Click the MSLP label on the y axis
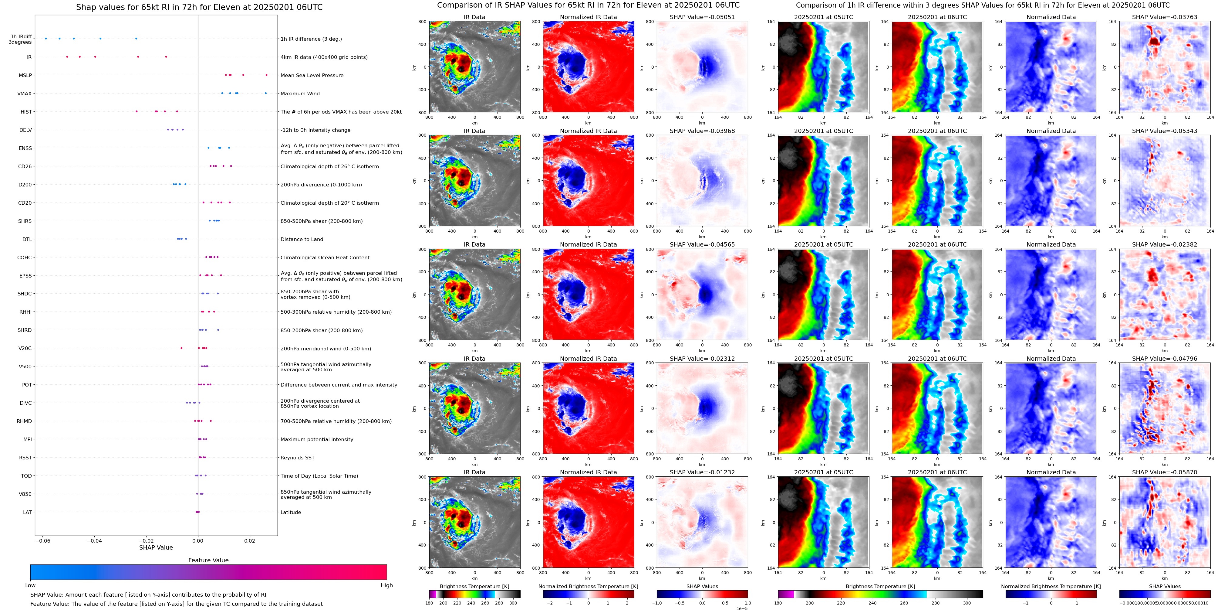pyautogui.click(x=25, y=75)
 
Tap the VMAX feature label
pyautogui.click(x=25, y=94)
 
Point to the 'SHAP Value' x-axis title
pyautogui.click(x=156, y=547)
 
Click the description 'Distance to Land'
pyautogui.click(x=302, y=240)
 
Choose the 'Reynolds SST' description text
pyautogui.click(x=297, y=458)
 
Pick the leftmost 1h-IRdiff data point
pyautogui.click(x=46, y=38)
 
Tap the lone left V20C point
pyautogui.click(x=181, y=348)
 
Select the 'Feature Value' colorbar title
pyautogui.click(x=208, y=560)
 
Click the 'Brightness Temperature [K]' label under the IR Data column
pyautogui.click(x=474, y=586)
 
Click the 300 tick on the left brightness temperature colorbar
pyautogui.click(x=513, y=603)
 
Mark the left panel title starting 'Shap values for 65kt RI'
pyautogui.click(x=199, y=7)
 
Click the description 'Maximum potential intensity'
pyautogui.click(x=317, y=440)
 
